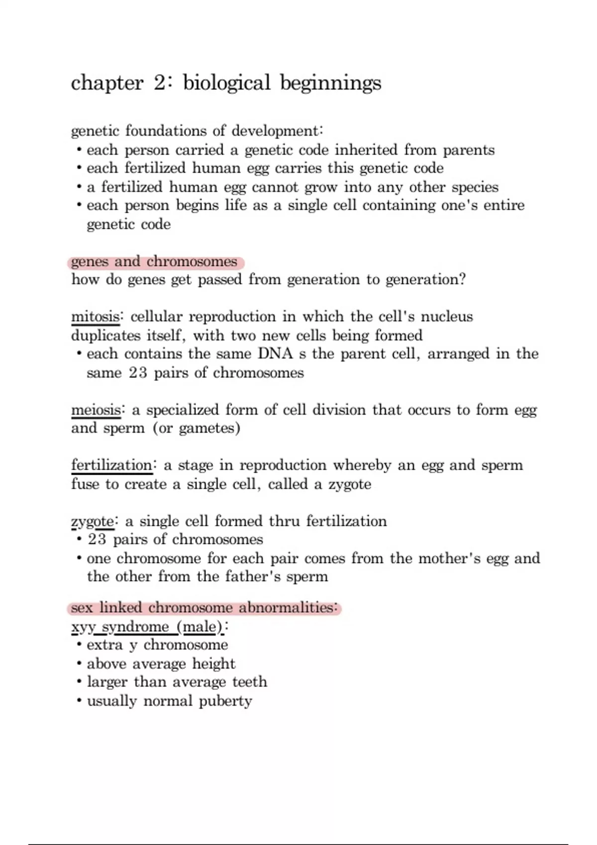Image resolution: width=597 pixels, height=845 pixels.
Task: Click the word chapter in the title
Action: tap(107, 83)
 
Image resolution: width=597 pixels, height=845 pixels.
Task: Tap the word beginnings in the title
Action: tap(330, 83)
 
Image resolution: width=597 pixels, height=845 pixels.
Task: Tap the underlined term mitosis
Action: tap(95, 317)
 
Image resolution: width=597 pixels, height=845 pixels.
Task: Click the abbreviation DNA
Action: tap(275, 354)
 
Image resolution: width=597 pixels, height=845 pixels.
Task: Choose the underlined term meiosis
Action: tap(96, 410)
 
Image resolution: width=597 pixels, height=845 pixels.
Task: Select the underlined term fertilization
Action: tap(111, 465)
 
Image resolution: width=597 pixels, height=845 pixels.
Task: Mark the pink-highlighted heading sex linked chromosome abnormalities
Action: tap(204, 607)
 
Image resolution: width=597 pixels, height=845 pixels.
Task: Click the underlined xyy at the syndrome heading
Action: tap(83, 627)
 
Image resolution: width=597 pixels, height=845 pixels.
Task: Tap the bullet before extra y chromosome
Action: tap(79, 645)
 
